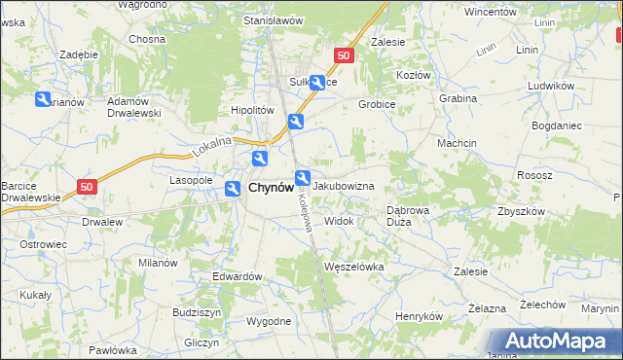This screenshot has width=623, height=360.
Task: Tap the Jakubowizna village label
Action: coord(345,184)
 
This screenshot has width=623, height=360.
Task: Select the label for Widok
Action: coord(339,221)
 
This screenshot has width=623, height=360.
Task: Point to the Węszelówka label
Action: coord(355,266)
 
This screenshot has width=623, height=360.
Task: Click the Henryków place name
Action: coord(420,316)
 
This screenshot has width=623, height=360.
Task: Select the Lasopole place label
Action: coord(191,180)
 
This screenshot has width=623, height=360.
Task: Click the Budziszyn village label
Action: coord(198,312)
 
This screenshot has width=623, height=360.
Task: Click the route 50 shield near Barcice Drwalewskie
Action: coord(88,185)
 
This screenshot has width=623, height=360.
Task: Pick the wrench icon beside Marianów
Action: coord(43,99)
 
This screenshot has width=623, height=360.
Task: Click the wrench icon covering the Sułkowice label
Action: coord(317,83)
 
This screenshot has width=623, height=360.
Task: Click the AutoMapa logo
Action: coord(557,342)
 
